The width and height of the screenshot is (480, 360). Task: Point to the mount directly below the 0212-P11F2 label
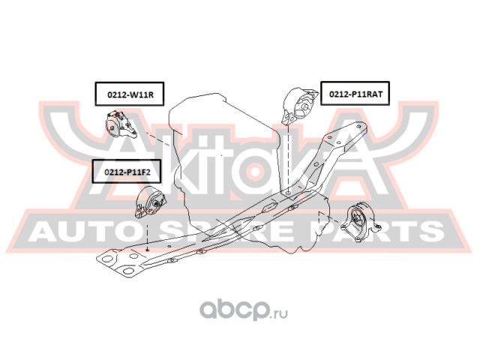click(150, 205)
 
